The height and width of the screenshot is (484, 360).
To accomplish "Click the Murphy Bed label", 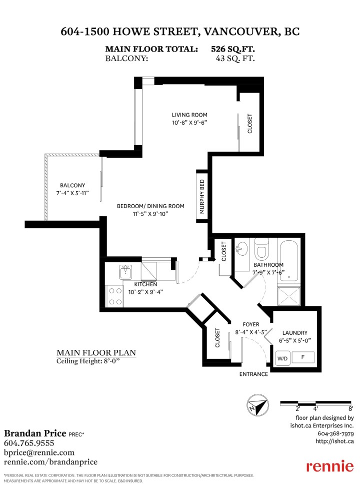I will [x=202, y=197].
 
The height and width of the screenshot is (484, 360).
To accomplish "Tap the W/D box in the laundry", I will [x=282, y=358].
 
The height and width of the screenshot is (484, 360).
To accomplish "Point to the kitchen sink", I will [x=125, y=273].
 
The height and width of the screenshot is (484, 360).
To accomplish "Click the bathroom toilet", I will [x=261, y=248].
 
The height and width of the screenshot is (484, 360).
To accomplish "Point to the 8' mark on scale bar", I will [x=350, y=408].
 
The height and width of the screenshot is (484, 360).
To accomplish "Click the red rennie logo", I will [x=329, y=466].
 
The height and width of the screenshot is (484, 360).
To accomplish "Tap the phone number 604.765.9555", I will [x=29, y=443].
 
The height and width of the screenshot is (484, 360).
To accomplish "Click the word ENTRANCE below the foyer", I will [x=253, y=374].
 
